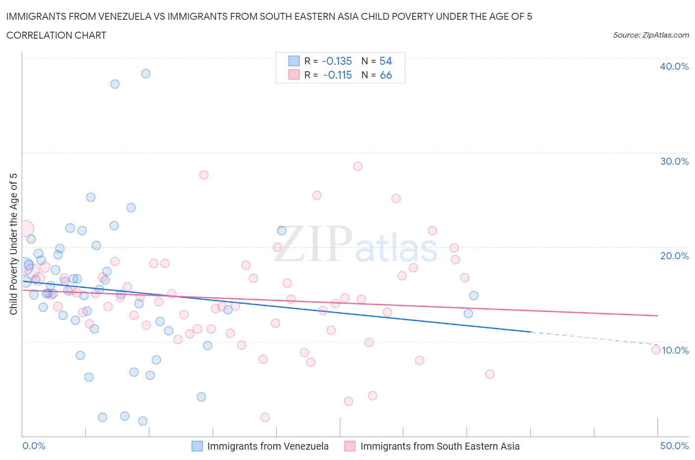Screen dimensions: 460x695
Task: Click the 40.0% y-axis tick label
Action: [674, 66]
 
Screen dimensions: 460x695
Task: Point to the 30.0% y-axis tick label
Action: [674, 161]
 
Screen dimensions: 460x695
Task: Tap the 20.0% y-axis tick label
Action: [674, 256]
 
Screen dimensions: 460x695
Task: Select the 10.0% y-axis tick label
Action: [675, 350]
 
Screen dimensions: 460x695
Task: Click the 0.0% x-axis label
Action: [34, 446]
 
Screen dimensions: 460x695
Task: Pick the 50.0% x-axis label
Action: [674, 446]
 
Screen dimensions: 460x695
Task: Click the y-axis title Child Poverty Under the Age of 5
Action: [13, 244]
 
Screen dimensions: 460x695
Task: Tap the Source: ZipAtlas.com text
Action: [651, 35]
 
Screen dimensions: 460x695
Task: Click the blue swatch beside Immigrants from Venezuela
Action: [197, 446]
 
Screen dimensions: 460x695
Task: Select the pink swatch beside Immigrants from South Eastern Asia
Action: [350, 446]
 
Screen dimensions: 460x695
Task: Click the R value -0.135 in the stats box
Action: [337, 61]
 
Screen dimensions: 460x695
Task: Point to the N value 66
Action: [386, 75]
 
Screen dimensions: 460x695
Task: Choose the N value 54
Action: [386, 61]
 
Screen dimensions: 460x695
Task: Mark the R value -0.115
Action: [337, 75]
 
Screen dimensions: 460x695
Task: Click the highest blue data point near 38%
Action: [146, 74]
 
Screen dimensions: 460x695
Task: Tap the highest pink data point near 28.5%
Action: [358, 166]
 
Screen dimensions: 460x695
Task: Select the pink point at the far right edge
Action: [656, 350]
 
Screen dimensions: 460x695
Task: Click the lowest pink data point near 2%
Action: [265, 417]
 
